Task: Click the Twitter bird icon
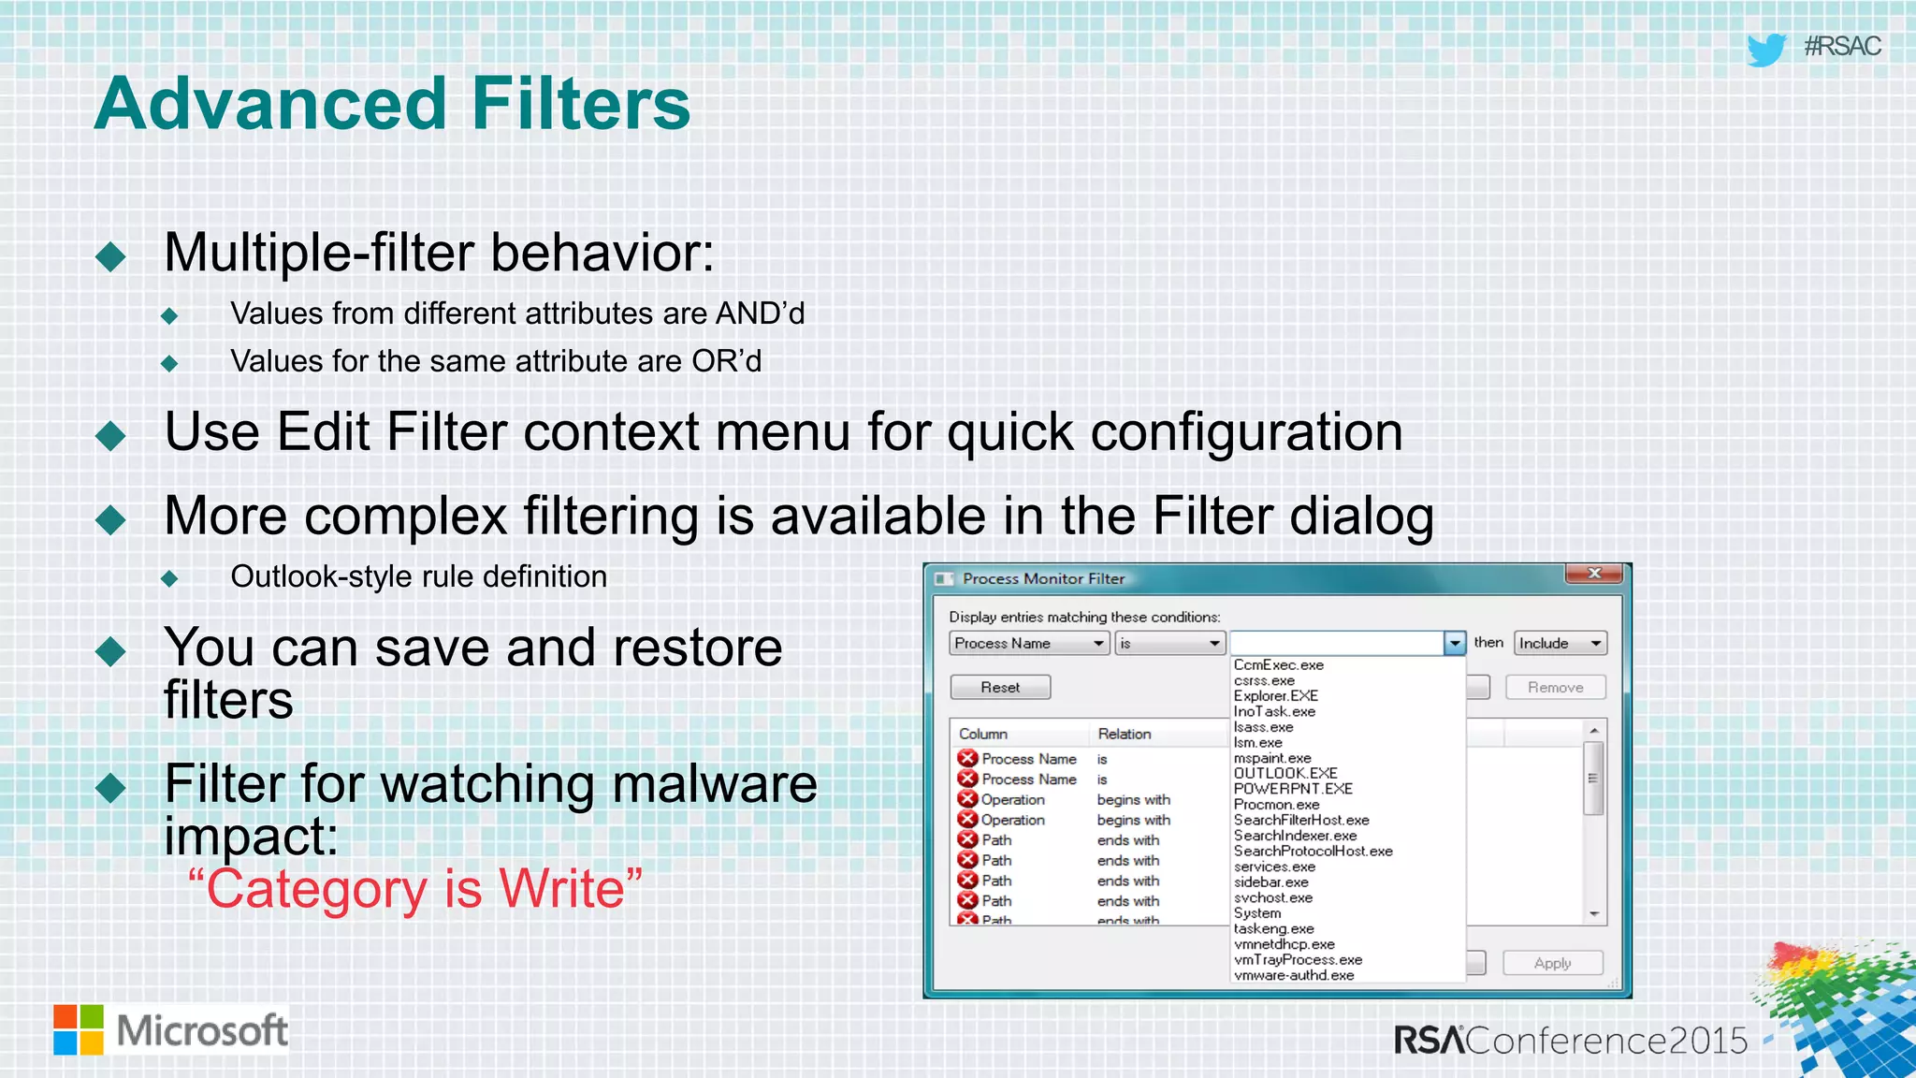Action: (1766, 49)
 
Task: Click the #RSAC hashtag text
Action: (1842, 47)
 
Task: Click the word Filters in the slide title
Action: (580, 104)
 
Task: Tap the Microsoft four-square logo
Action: (79, 1030)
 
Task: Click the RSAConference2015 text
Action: (1570, 1041)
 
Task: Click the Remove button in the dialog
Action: (1555, 688)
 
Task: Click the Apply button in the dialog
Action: (1552, 963)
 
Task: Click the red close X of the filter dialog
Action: (1594, 574)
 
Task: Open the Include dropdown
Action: (1560, 644)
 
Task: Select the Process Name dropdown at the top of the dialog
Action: (1029, 644)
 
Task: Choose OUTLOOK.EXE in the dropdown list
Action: (1285, 773)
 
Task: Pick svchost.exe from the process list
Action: (1272, 897)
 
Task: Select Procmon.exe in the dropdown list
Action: (1276, 805)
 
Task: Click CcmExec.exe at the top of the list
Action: (1278, 665)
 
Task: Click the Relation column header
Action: (1125, 734)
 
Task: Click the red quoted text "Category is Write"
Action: (415, 889)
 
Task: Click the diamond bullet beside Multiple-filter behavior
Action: (110, 256)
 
